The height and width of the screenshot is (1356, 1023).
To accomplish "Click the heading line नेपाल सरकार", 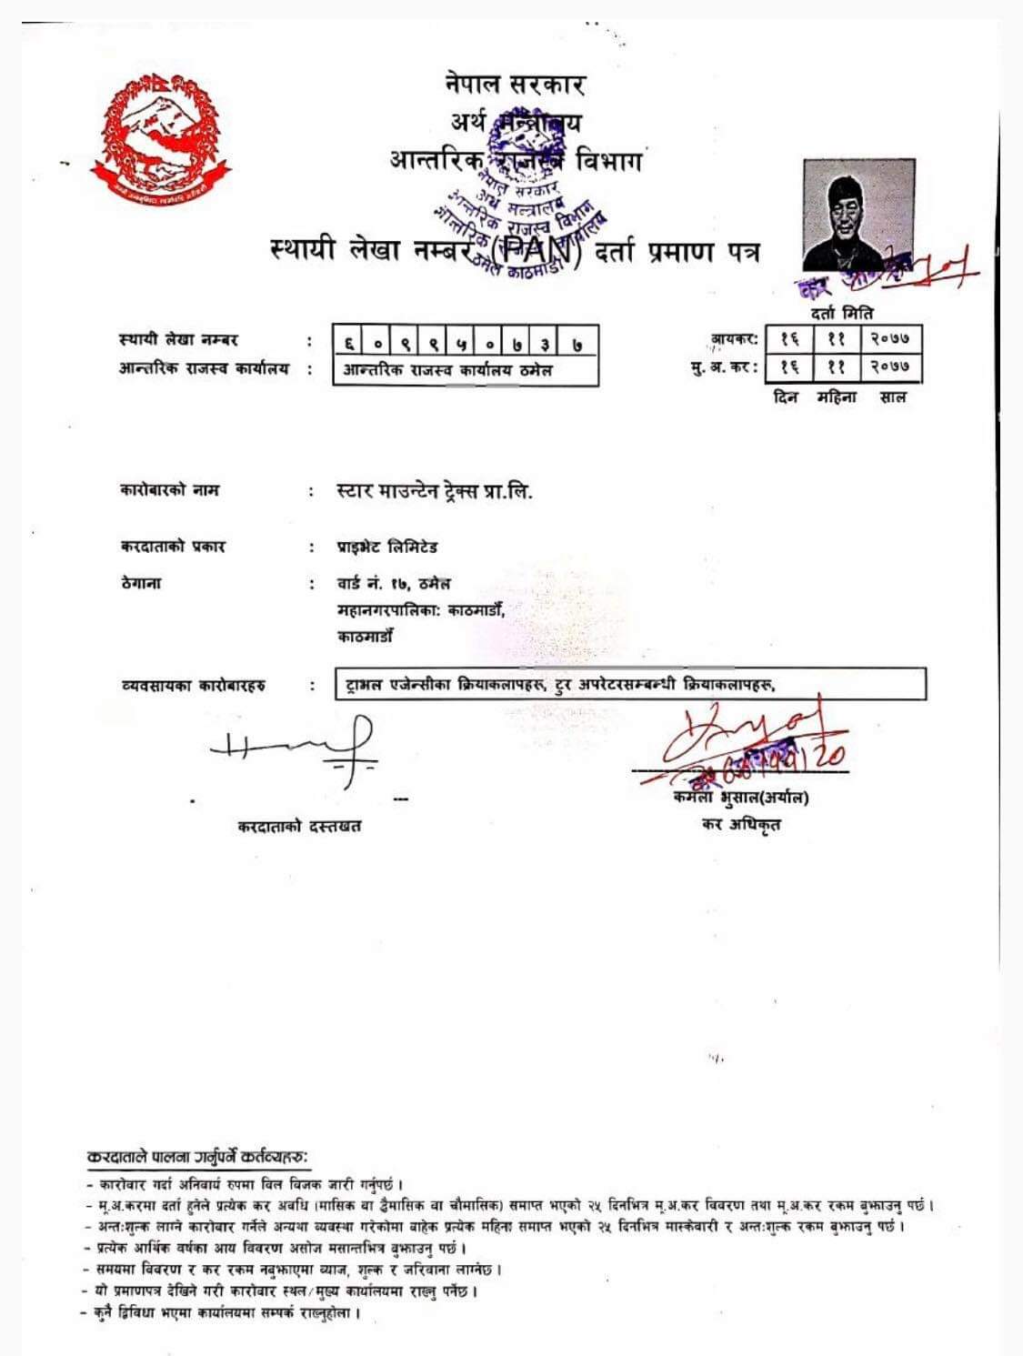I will [515, 84].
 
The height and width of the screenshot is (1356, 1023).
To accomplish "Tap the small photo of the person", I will [858, 216].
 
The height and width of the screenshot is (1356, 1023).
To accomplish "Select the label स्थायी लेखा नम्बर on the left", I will [178, 340].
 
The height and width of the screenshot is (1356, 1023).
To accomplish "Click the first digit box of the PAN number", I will [349, 342].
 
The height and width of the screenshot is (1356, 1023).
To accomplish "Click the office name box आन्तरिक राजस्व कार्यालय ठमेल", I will [465, 370].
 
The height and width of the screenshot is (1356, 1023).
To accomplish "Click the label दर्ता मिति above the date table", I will [842, 314].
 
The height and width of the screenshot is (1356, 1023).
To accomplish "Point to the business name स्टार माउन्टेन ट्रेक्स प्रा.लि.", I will [435, 492].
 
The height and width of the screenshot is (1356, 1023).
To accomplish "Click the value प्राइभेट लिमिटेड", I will [386, 547].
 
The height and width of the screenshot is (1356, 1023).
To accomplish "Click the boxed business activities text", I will [630, 685].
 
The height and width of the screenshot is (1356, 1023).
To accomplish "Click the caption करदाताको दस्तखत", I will [299, 826].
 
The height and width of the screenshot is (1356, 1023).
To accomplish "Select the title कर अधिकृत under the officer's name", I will [740, 825].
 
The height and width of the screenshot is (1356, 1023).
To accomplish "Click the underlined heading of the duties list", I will [197, 1157].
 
